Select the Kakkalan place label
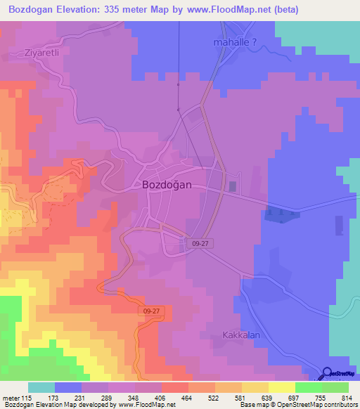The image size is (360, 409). point(241,335)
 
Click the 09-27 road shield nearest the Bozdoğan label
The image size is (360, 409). point(200,242)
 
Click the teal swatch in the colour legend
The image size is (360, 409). point(41,387)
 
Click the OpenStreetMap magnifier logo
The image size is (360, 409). point(328,375)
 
